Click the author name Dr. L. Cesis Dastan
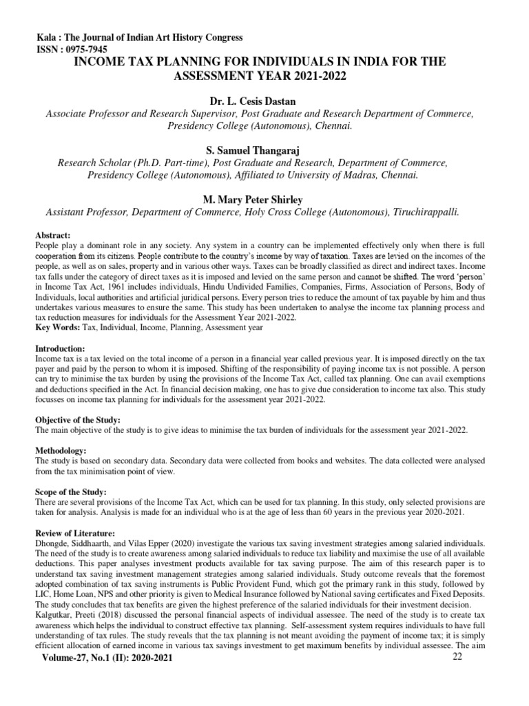[264, 102]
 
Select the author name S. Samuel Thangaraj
[264, 150]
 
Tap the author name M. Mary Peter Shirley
[264, 199]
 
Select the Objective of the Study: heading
[77, 420]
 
